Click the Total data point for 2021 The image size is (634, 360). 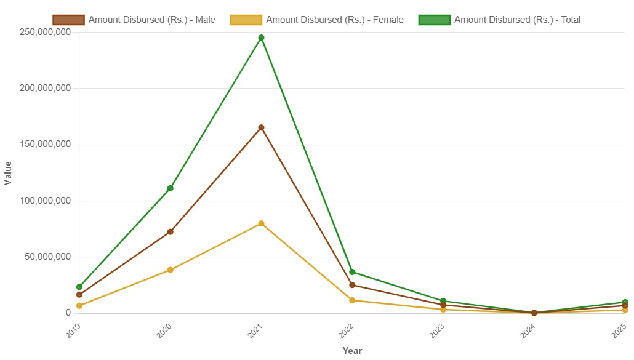pyautogui.click(x=261, y=38)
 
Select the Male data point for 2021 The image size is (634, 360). pyautogui.click(x=261, y=127)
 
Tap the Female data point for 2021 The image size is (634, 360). pyautogui.click(x=261, y=223)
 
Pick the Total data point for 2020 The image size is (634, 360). pyautogui.click(x=170, y=188)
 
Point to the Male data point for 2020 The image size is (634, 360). pyautogui.click(x=170, y=232)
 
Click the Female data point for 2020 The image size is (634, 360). pyautogui.click(x=170, y=270)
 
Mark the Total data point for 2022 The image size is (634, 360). pyautogui.click(x=352, y=272)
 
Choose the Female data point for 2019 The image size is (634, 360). pyautogui.click(x=79, y=306)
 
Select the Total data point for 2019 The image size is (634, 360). pyautogui.click(x=79, y=287)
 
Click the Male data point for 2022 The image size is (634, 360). pyautogui.click(x=352, y=285)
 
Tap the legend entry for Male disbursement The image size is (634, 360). pyautogui.click(x=134, y=20)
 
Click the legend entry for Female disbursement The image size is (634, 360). pyautogui.click(x=317, y=20)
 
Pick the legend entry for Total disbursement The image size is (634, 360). pyautogui.click(x=499, y=20)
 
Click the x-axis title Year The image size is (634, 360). pyautogui.click(x=352, y=351)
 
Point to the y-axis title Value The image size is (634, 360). pyautogui.click(x=8, y=173)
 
